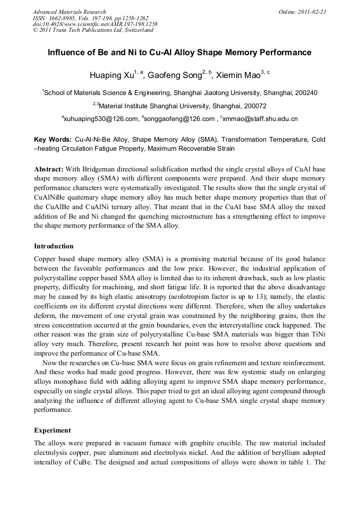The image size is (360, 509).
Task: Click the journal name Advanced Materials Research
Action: tap(69, 12)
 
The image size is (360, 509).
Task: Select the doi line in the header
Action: tap(95, 24)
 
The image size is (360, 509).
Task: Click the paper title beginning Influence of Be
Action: tap(179, 53)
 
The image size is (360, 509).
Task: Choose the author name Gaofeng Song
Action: tap(174, 76)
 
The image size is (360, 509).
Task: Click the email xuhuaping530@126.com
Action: tap(100, 119)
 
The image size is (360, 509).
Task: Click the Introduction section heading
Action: tap(54, 246)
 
